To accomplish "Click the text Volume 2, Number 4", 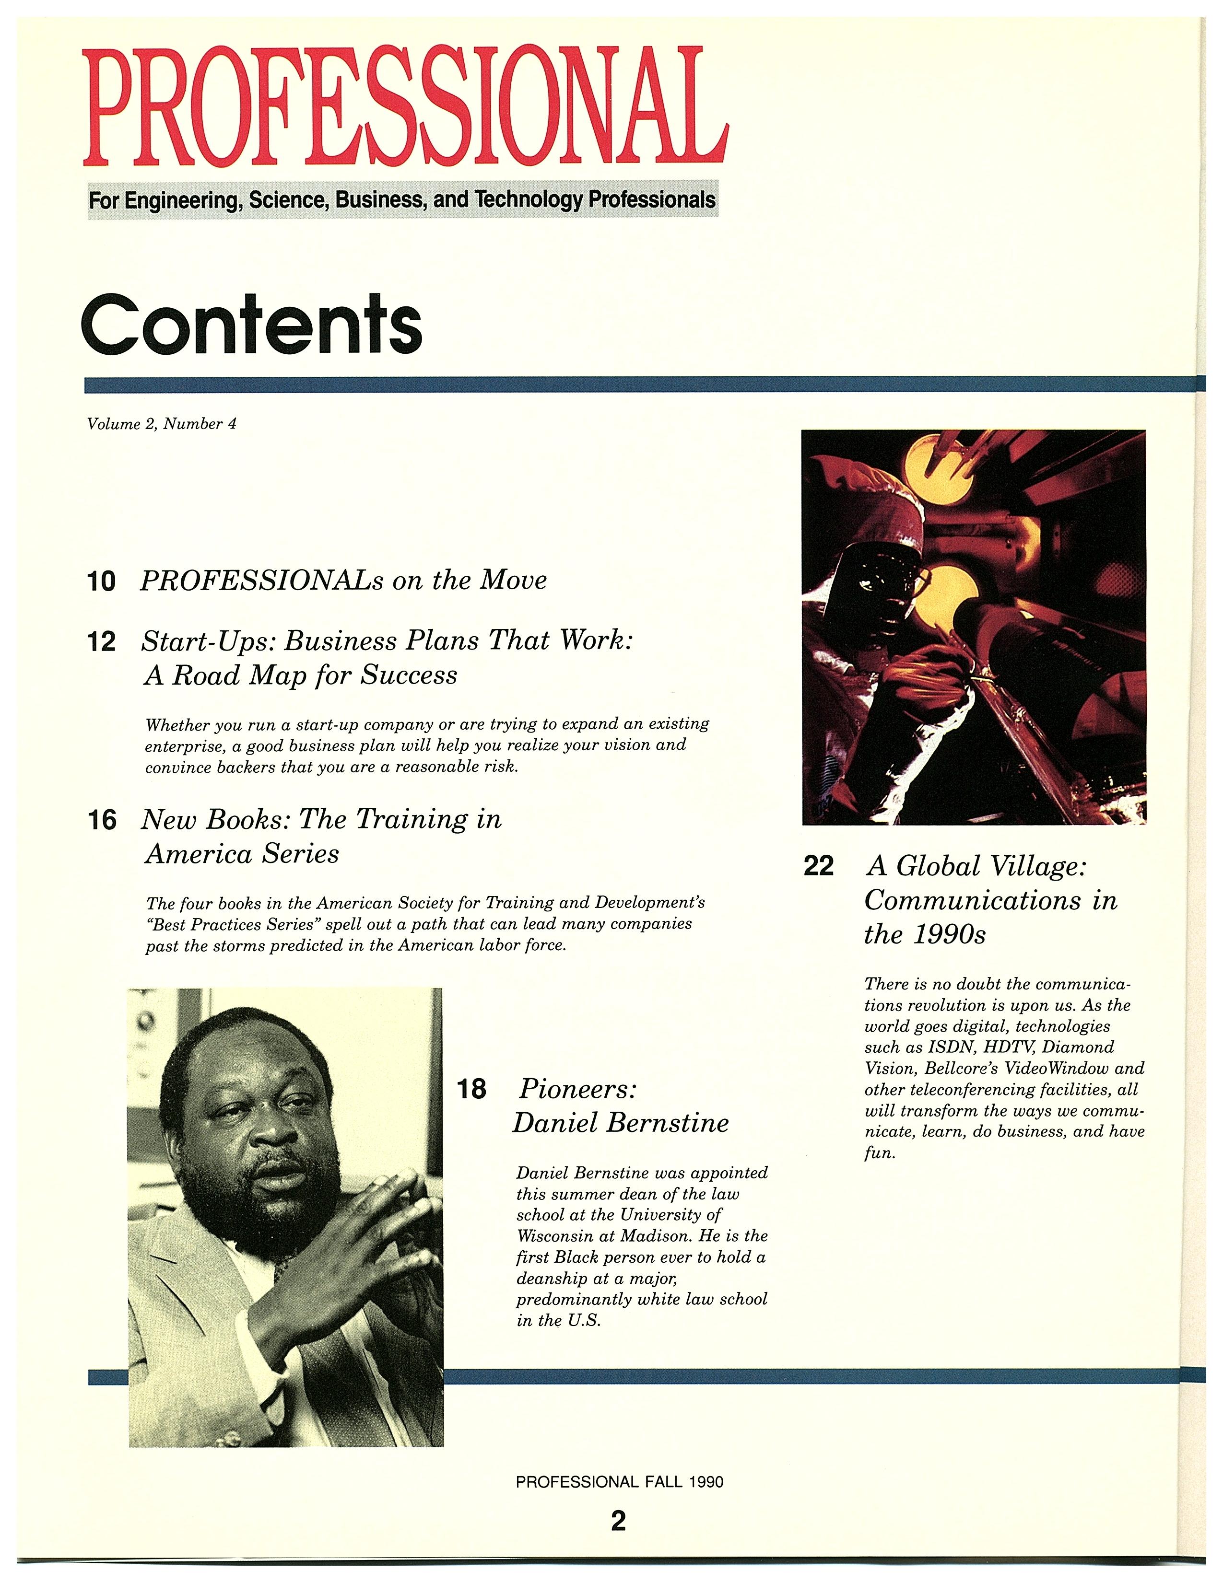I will pos(162,424).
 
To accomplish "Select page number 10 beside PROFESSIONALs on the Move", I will pos(101,581).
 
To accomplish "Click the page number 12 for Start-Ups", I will pos(101,642).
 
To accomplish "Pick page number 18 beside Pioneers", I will pos(471,1089).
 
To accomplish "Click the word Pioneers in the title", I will pos(577,1088).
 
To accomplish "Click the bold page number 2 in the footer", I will pos(618,1521).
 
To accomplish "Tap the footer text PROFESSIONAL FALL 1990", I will pos(619,1482).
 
